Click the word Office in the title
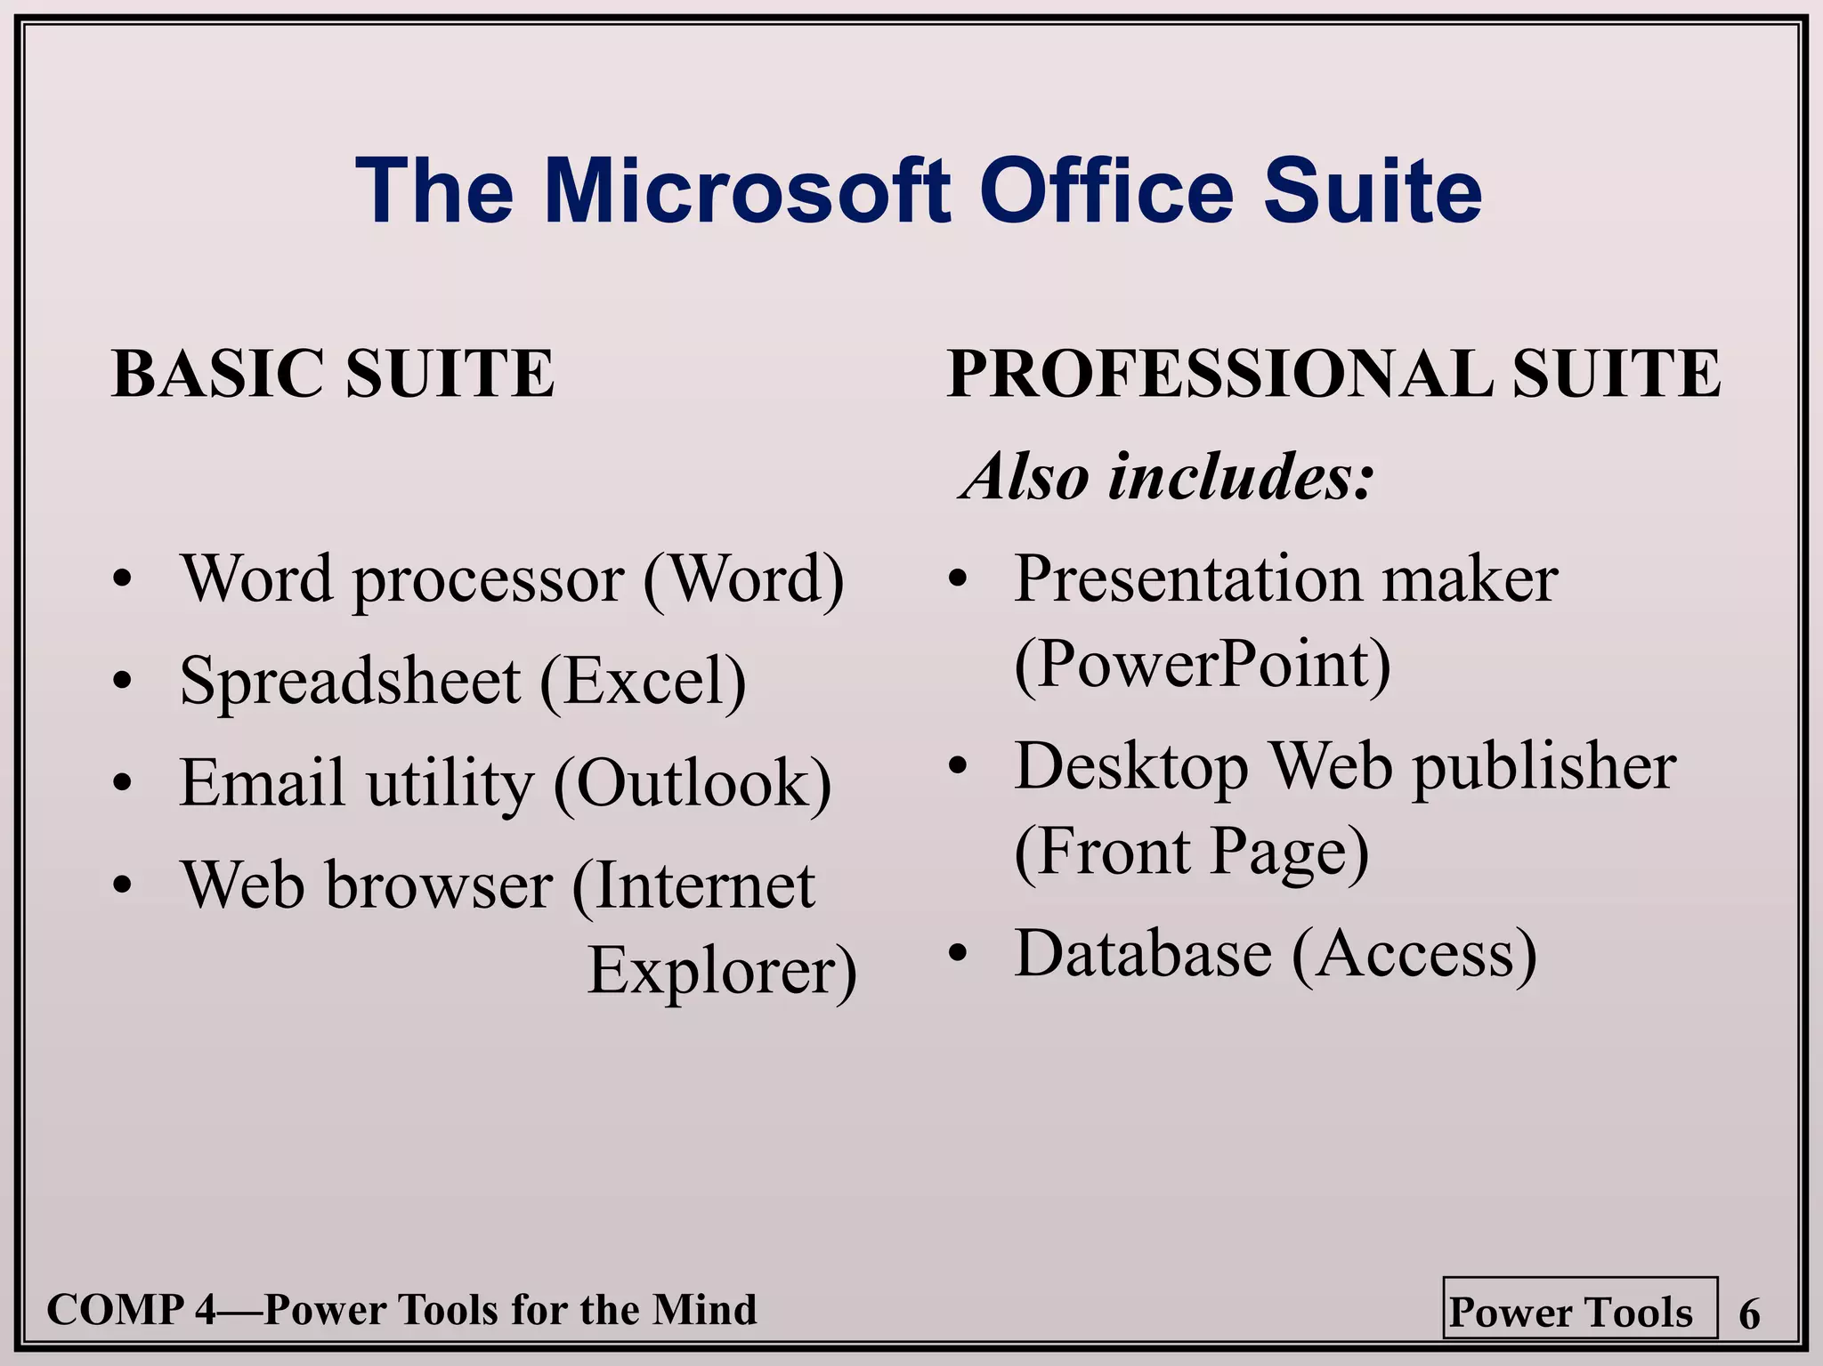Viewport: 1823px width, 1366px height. click(1107, 191)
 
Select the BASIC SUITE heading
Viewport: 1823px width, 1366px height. click(333, 373)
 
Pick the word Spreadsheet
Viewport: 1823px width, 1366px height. click(350, 682)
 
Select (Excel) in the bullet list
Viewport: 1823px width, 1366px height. click(643, 682)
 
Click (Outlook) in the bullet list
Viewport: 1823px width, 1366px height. click(693, 783)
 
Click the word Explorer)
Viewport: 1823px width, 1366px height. click(722, 970)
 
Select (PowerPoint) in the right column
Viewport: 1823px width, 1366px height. click(1202, 665)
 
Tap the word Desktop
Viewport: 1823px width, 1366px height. click(1131, 767)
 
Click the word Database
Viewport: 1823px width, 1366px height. click(1144, 953)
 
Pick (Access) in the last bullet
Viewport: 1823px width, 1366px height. click(1414, 953)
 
